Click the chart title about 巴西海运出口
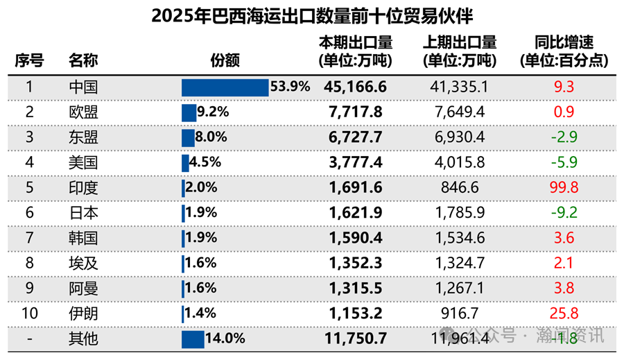tap(312, 16)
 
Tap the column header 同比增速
tap(564, 51)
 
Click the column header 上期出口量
tap(459, 51)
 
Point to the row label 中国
tap(83, 87)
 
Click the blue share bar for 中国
tap(225, 87)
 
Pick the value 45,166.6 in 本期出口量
tap(355, 87)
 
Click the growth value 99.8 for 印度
tap(564, 187)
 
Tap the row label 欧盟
tap(83, 112)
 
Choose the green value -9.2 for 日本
tap(564, 213)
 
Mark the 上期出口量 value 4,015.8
tap(459, 162)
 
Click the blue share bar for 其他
tap(193, 339)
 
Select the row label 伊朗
tap(83, 314)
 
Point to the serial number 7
tap(29, 238)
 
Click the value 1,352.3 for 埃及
tap(355, 263)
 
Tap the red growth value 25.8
tap(564, 314)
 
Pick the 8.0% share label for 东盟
tap(211, 137)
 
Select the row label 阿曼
tap(83, 289)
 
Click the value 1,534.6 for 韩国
tap(459, 238)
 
